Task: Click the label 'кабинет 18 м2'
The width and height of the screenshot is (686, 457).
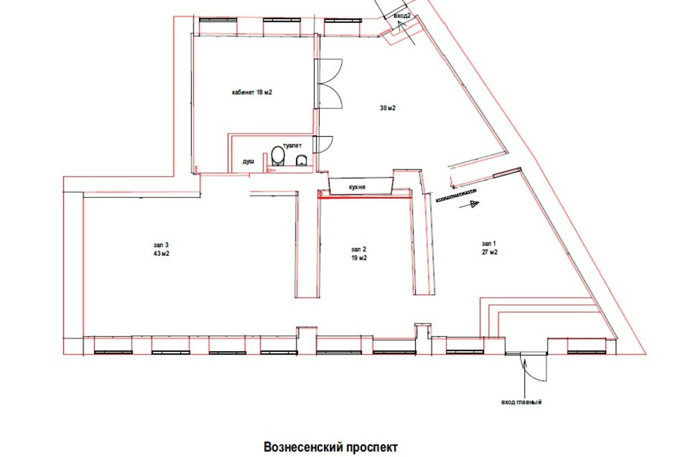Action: tap(251, 92)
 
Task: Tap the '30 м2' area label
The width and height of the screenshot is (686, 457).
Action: tap(387, 108)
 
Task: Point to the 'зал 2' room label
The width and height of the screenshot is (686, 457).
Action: tap(359, 249)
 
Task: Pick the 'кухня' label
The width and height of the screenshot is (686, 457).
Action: tap(357, 187)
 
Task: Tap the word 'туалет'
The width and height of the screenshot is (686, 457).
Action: tap(292, 145)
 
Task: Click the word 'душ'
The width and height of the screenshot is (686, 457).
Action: tap(248, 161)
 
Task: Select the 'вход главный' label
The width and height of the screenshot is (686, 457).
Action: tap(521, 402)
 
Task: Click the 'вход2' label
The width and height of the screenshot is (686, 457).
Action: tap(402, 16)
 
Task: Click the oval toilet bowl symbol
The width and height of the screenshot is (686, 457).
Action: tap(278, 156)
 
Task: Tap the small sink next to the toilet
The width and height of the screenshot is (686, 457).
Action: tap(301, 159)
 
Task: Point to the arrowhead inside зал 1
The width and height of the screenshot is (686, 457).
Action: tap(473, 203)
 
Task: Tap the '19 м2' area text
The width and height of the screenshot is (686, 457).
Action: tap(359, 258)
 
